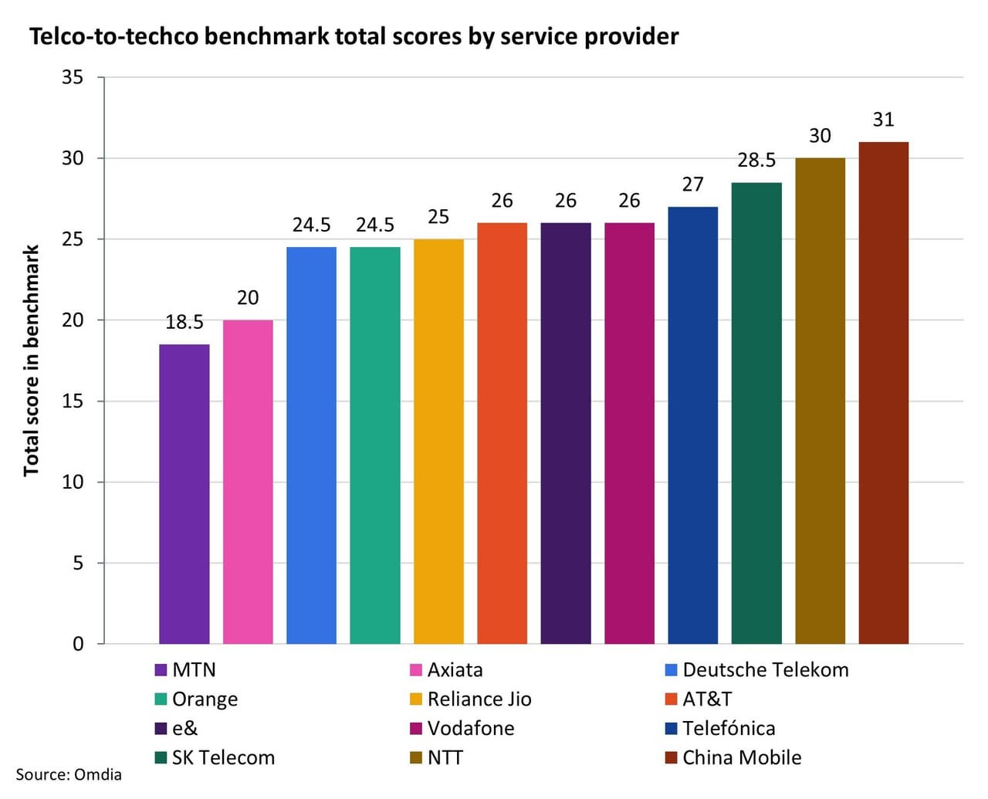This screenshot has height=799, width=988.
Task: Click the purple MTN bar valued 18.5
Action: (x=184, y=494)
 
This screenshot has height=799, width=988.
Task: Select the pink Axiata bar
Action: (x=248, y=482)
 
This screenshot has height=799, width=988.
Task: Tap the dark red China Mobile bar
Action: (x=883, y=393)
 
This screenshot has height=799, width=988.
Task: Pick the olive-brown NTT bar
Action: (x=820, y=401)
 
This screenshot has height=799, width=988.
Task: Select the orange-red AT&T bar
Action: (x=502, y=433)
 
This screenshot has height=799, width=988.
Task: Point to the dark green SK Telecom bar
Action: (x=756, y=413)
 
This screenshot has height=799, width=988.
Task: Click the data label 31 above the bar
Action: (x=883, y=120)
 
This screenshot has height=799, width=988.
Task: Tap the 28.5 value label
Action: (x=756, y=161)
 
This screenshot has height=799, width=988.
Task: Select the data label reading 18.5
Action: (x=184, y=322)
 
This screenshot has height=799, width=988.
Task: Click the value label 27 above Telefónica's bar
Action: (x=692, y=185)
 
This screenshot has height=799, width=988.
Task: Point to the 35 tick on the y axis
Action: (x=73, y=77)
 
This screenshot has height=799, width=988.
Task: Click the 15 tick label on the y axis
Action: (x=73, y=401)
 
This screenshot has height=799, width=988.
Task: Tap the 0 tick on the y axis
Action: (x=78, y=644)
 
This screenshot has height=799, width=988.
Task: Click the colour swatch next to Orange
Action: (x=161, y=699)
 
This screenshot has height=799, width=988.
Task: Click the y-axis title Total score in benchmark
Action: (x=31, y=361)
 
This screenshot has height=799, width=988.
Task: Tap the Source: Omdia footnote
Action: (x=69, y=774)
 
